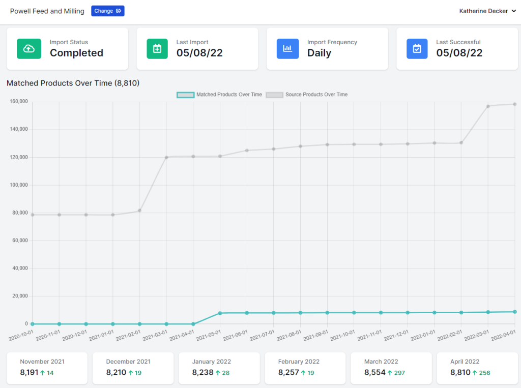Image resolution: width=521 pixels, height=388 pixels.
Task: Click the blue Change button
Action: [x=108, y=11]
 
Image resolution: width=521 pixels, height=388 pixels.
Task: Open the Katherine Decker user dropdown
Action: [x=487, y=11]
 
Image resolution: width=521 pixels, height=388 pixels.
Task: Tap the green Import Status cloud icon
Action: [x=29, y=49]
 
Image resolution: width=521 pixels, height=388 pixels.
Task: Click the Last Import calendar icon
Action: [x=157, y=49]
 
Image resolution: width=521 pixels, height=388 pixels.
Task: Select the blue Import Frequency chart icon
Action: [x=288, y=49]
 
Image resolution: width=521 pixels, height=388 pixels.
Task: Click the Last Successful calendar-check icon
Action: [x=417, y=49]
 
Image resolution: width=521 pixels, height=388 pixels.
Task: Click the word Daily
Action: [x=320, y=53]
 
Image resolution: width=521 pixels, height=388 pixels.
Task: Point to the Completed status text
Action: [x=76, y=53]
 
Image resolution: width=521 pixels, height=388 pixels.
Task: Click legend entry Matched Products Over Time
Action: [x=219, y=95]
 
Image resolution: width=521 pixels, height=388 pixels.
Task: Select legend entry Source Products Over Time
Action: [x=307, y=95]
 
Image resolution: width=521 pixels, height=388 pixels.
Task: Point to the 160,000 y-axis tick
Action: [x=19, y=101]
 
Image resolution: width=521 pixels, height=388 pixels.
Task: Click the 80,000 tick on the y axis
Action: [x=20, y=213]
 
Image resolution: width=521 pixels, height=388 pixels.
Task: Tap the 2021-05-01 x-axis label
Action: [x=208, y=336]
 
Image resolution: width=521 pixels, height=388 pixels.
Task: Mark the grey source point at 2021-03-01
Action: [x=166, y=157]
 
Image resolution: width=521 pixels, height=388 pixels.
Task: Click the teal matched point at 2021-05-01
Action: [x=220, y=313]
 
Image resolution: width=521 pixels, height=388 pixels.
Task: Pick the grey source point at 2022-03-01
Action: [x=488, y=106]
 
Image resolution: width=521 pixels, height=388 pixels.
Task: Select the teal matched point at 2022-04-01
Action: [x=515, y=312]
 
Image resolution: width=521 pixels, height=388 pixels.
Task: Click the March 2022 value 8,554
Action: [x=375, y=372]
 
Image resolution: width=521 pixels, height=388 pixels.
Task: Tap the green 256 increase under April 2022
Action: [x=484, y=373]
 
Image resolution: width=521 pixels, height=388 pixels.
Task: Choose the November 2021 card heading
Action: [x=42, y=362]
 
